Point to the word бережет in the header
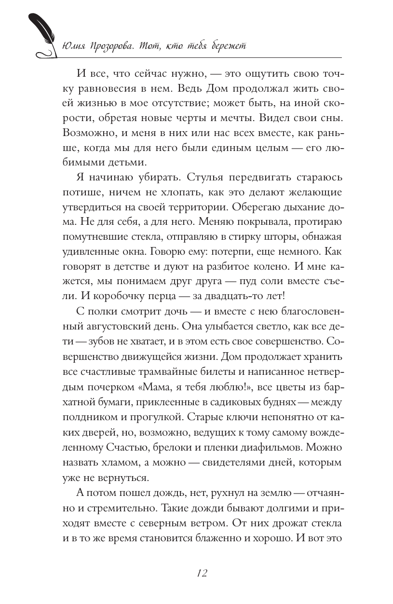[x=226, y=47]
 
